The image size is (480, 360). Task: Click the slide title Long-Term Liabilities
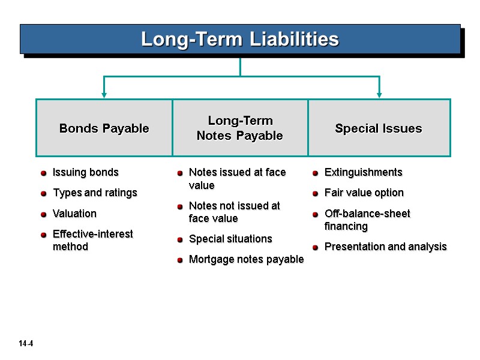(240, 40)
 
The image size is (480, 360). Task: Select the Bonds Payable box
(104, 128)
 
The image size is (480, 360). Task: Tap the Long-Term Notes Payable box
(240, 128)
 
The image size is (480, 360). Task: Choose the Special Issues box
(379, 128)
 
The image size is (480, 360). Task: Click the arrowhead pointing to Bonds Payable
(104, 94)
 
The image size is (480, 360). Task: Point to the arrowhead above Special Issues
(379, 94)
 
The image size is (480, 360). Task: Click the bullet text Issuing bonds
(86, 173)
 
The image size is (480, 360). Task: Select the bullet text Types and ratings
(95, 193)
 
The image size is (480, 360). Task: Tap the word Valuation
(74, 214)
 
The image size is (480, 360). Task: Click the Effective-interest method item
(93, 240)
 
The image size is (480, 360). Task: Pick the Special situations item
(230, 239)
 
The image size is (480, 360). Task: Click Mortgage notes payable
(246, 259)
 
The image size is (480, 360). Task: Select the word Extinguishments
(363, 173)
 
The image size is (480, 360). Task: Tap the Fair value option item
(364, 193)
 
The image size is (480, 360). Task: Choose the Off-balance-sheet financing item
(367, 220)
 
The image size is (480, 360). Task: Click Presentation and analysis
(385, 247)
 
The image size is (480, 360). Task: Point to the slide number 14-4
(25, 344)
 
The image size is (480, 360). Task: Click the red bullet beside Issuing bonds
(44, 173)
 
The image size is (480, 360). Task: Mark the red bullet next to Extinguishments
(316, 173)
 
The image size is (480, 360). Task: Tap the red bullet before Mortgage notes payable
(180, 260)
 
